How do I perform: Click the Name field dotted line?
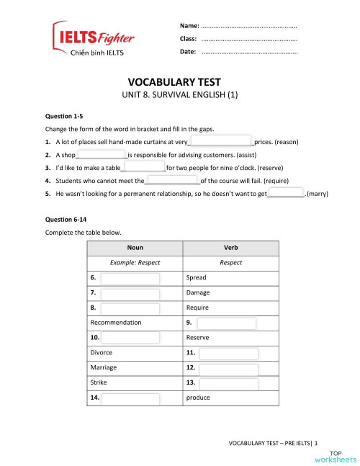tap(249, 27)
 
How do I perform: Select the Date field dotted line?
tap(249, 53)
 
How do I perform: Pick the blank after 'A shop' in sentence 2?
tap(102, 155)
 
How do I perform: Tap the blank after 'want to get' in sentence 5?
tap(287, 194)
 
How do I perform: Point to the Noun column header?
tap(135, 248)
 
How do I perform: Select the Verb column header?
tap(231, 248)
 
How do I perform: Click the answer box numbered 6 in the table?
tap(130, 277)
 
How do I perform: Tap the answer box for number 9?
tap(225, 323)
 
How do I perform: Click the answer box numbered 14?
tap(130, 398)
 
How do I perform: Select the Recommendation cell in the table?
tap(116, 323)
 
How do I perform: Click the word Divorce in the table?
tap(102, 353)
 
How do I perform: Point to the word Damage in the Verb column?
tap(198, 292)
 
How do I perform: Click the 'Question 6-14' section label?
tap(66, 218)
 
